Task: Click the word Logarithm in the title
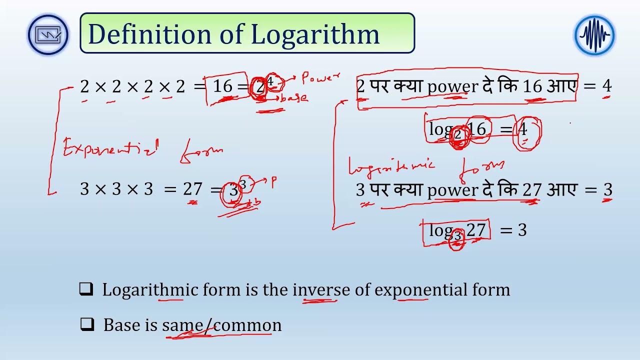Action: click(x=315, y=34)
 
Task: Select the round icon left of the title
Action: click(x=48, y=35)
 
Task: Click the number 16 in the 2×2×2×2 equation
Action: click(x=223, y=86)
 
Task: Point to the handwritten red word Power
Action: click(x=320, y=78)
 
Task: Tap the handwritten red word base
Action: click(x=294, y=98)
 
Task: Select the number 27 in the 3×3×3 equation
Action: click(x=192, y=189)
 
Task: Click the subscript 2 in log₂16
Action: click(x=457, y=134)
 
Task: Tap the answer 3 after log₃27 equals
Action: click(x=522, y=230)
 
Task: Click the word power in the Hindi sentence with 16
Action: click(x=452, y=86)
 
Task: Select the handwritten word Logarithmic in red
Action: click(x=392, y=166)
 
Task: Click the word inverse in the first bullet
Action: click(x=321, y=289)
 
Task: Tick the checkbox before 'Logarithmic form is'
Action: click(x=86, y=289)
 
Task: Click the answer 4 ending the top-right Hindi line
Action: click(x=606, y=86)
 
